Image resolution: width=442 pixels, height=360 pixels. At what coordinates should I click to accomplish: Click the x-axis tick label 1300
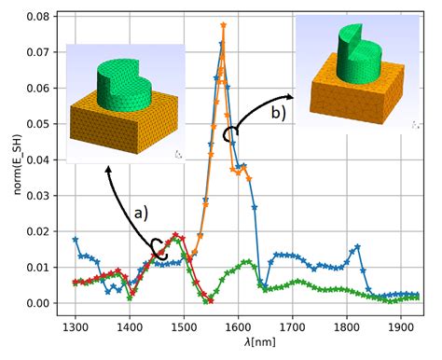point(76,327)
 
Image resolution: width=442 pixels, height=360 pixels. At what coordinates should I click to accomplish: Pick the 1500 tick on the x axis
point(185,327)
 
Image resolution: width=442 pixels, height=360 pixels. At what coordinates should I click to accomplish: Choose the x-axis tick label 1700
point(294,327)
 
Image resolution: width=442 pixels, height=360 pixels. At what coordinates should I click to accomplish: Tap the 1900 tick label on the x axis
point(403,327)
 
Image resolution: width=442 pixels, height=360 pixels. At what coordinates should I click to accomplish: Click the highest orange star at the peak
point(224,25)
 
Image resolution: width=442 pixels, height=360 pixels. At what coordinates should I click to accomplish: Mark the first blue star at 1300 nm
point(76,240)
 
